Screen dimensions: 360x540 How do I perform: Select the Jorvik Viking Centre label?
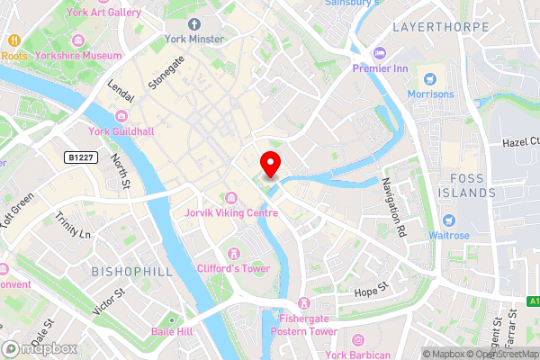click(230, 212)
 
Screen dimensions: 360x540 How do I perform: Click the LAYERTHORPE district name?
click(438, 27)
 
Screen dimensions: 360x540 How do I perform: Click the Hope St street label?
click(370, 290)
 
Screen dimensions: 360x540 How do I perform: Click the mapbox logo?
click(40, 348)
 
